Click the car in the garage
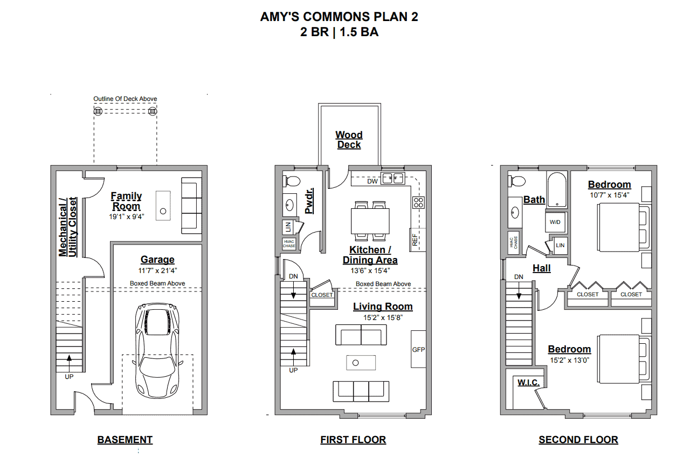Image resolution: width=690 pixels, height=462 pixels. click(157, 351)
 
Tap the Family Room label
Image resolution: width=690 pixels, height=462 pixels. click(126, 201)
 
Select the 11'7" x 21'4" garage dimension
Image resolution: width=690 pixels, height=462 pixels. click(157, 270)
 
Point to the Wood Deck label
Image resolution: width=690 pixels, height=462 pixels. click(349, 140)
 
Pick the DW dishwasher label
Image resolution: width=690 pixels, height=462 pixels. click(372, 181)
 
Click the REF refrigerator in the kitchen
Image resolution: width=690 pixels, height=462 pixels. click(418, 240)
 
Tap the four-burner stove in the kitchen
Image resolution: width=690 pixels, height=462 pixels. click(418, 202)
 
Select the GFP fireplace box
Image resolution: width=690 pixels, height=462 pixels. click(419, 349)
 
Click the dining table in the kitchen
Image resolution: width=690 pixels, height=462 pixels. click(370, 221)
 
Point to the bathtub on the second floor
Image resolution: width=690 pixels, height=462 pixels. click(557, 189)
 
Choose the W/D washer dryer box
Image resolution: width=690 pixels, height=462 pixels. click(555, 222)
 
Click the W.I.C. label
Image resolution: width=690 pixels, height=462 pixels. click(528, 383)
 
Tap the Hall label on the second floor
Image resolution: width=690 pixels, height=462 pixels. click(542, 268)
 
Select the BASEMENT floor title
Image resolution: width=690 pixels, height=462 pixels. click(125, 440)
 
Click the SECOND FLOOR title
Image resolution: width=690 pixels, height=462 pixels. click(578, 440)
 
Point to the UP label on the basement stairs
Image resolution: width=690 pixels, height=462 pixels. click(69, 377)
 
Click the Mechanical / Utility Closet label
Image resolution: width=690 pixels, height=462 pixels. click(68, 227)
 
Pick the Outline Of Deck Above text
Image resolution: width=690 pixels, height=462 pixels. click(125, 99)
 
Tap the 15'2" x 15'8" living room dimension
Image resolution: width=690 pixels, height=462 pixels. click(383, 318)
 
